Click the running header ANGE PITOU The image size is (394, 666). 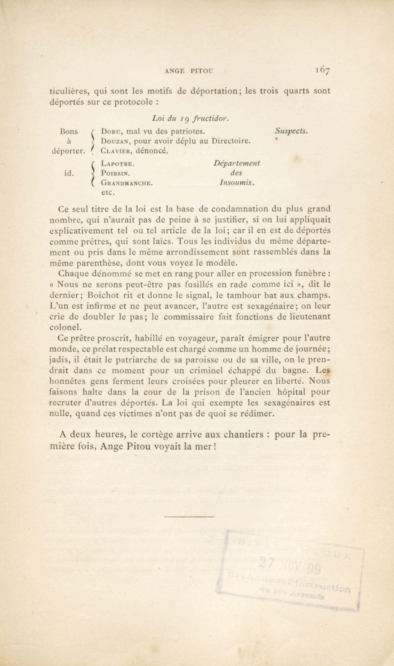tap(189, 71)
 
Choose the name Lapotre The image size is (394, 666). tap(117, 164)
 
